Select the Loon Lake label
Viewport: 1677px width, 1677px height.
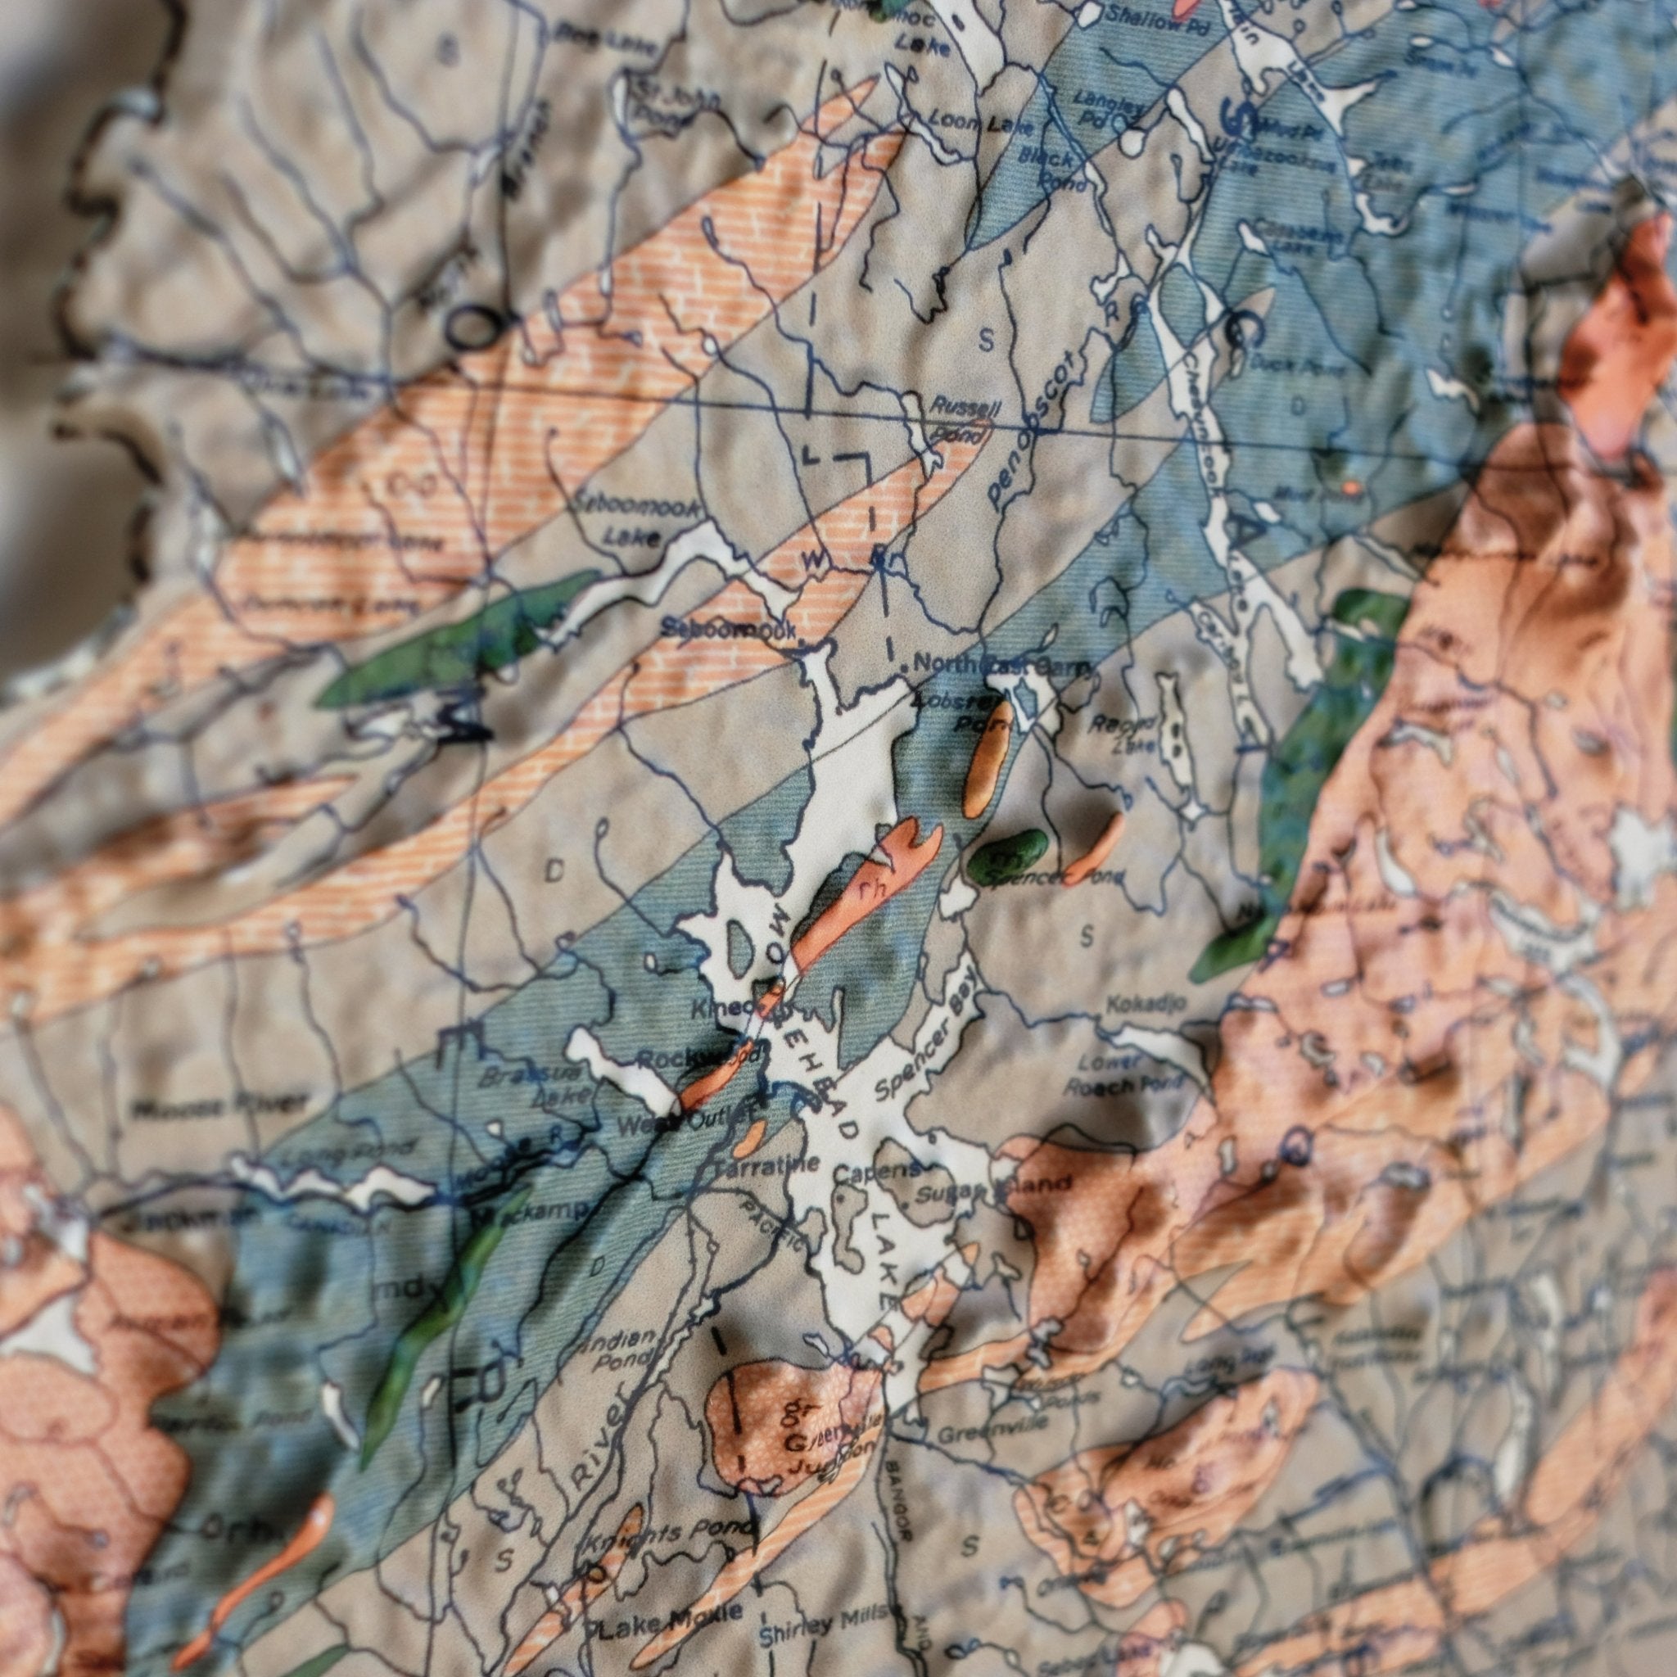click(981, 124)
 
